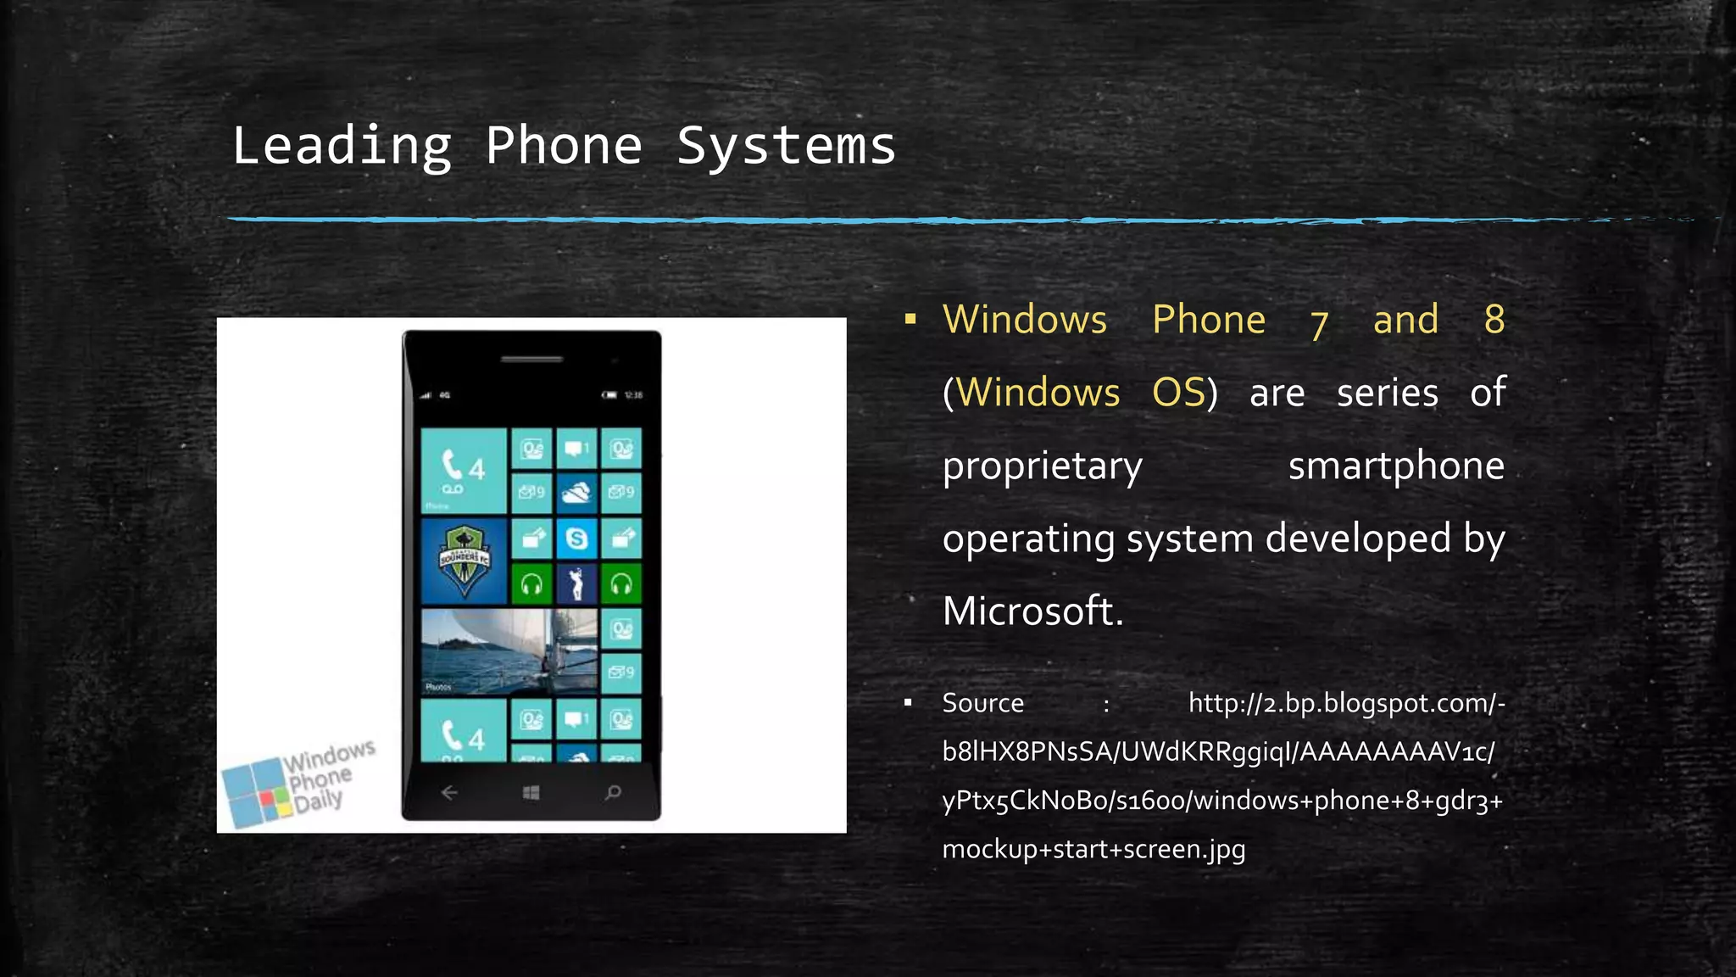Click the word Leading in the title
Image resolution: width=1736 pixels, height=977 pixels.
pyautogui.click(x=342, y=146)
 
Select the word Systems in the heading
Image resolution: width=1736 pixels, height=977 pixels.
pyautogui.click(x=786, y=146)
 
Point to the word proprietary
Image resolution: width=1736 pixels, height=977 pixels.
pyautogui.click(x=1042, y=466)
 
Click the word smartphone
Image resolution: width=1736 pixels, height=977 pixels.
pyautogui.click(x=1395, y=466)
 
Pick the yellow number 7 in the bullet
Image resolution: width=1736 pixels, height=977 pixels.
pyautogui.click(x=1318, y=323)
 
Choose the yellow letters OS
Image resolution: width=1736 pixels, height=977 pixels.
pyautogui.click(x=1177, y=393)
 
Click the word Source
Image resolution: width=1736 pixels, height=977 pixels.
pyautogui.click(x=982, y=703)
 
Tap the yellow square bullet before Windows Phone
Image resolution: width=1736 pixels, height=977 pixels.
pyautogui.click(x=910, y=320)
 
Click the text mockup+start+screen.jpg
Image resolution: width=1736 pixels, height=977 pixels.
pyautogui.click(x=1093, y=849)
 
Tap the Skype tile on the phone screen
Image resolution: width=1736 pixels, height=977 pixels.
pyautogui.click(x=576, y=539)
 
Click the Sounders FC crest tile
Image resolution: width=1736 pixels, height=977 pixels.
pyautogui.click(x=464, y=560)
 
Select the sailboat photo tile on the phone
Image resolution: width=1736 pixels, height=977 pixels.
pyautogui.click(x=509, y=651)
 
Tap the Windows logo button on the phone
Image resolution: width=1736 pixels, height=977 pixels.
pyautogui.click(x=531, y=793)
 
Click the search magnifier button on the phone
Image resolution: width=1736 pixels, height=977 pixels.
pyautogui.click(x=613, y=793)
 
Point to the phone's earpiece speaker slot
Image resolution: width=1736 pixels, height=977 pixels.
pyautogui.click(x=531, y=359)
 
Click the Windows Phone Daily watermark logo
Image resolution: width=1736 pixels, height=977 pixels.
pyautogui.click(x=297, y=782)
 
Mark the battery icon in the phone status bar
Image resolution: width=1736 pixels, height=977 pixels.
pyautogui.click(x=609, y=395)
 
